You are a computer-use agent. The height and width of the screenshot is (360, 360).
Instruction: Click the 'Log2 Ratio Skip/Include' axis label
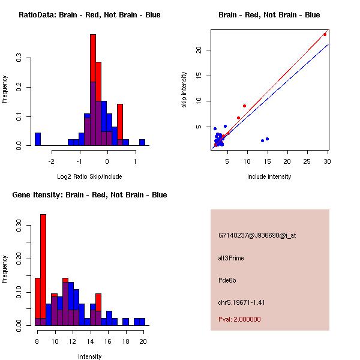tap(90, 176)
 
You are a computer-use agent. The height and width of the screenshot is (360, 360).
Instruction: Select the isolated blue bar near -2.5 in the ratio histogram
tap(38, 139)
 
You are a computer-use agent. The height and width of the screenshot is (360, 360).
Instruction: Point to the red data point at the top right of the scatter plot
tap(325, 34)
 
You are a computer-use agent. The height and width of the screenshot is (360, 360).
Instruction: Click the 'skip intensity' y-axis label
tap(184, 90)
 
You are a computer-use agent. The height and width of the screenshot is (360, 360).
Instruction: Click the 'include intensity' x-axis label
tap(269, 176)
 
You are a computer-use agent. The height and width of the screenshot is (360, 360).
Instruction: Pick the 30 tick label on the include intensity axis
tap(327, 161)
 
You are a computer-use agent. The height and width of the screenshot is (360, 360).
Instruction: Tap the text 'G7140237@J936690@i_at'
tap(257, 235)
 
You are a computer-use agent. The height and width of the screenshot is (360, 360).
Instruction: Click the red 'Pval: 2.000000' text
tap(239, 319)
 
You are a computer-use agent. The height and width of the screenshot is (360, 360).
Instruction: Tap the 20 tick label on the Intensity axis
tap(143, 341)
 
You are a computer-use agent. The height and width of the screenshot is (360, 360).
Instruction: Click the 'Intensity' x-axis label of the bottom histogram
tap(90, 356)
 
